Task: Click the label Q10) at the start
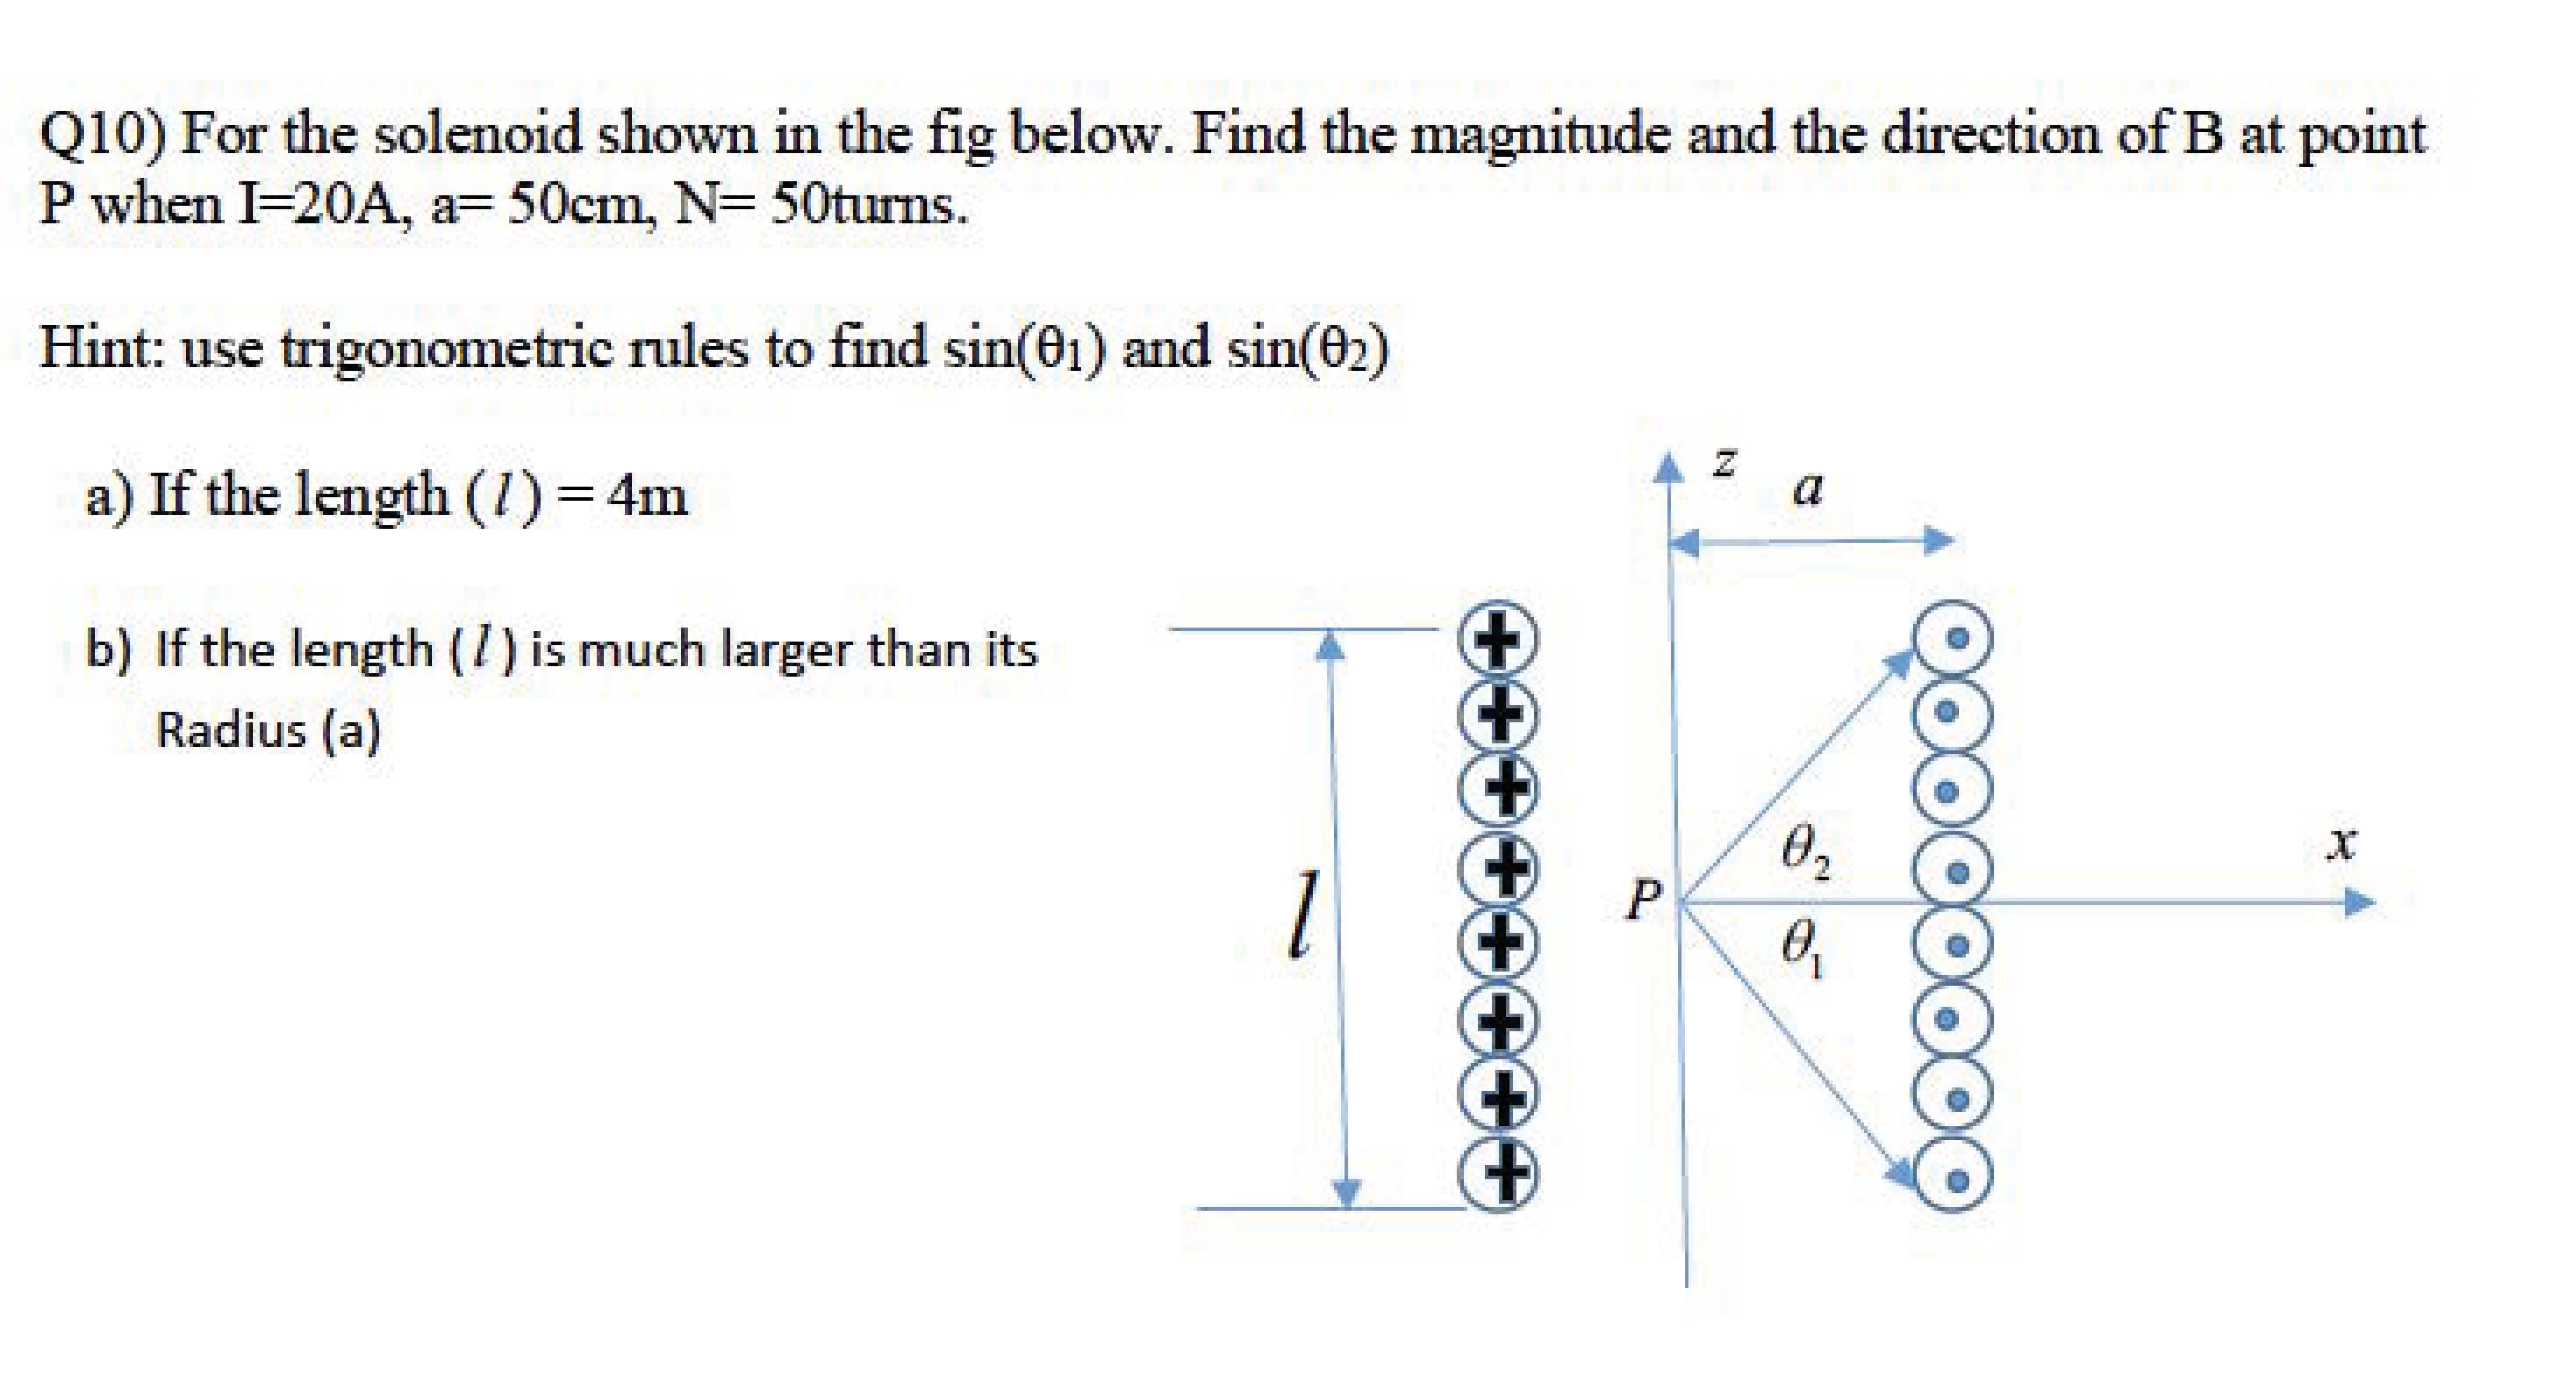[100, 134]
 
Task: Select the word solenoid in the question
[476, 134]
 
